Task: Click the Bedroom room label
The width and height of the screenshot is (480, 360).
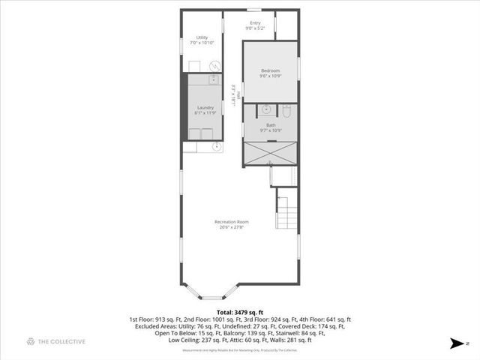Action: [x=270, y=70]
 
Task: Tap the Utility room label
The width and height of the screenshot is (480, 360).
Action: [x=202, y=37]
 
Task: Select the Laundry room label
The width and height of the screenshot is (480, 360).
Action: [x=205, y=107]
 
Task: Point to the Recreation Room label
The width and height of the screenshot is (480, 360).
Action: [x=231, y=222]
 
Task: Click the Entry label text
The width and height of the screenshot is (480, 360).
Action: [x=256, y=23]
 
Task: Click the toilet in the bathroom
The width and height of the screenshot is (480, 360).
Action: [x=286, y=110]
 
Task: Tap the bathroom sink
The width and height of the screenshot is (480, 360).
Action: [x=265, y=110]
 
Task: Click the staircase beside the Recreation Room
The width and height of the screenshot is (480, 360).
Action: [x=287, y=211]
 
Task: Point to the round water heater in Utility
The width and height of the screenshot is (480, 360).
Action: [x=214, y=65]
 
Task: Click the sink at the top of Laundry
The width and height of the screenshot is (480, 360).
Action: [x=212, y=79]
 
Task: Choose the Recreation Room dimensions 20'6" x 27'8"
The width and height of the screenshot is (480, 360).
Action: [x=231, y=227]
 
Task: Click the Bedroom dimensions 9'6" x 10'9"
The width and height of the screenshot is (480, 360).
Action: [x=270, y=76]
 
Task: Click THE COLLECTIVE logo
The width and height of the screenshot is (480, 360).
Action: [x=56, y=342]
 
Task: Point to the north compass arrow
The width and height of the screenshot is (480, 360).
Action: [x=454, y=343]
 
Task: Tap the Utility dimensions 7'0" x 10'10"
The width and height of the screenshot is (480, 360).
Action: [x=202, y=43]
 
